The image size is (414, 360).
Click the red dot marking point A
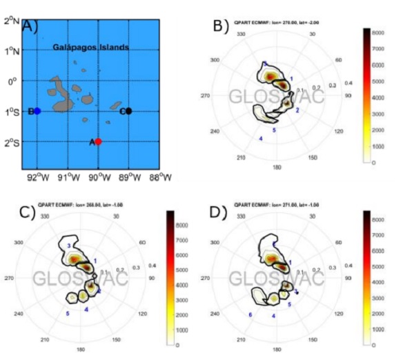(98, 141)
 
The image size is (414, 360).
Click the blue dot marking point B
(37, 110)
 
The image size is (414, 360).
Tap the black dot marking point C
(128, 110)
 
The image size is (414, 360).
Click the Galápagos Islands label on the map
(92, 48)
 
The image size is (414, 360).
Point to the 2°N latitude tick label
(12, 21)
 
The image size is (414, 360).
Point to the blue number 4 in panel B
(260, 139)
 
